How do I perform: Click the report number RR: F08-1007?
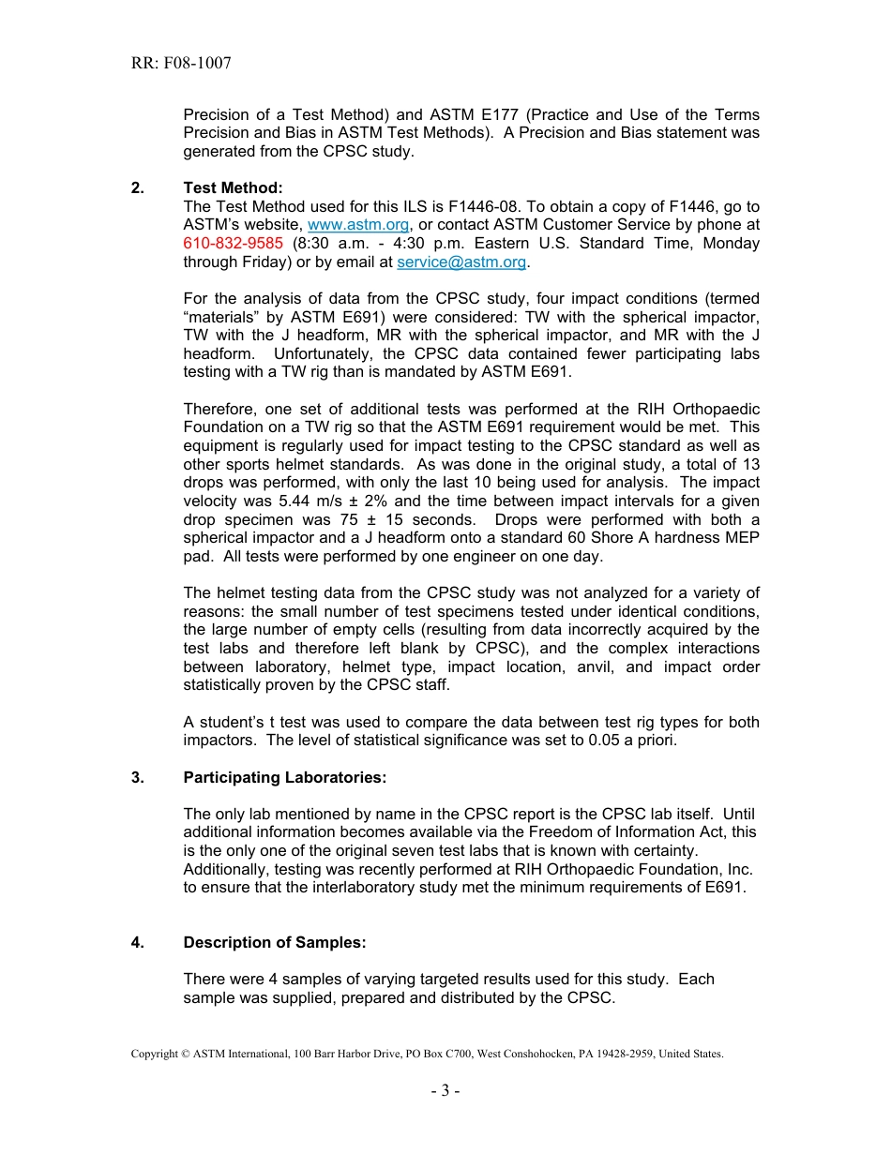[181, 64]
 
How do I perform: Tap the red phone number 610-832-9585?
[233, 244]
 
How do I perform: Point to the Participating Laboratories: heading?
[284, 777]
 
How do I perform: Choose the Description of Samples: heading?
[275, 942]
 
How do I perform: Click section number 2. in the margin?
[138, 188]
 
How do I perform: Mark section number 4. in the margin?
[138, 942]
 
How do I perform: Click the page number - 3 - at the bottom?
[445, 1090]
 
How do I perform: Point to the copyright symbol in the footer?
[185, 1054]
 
